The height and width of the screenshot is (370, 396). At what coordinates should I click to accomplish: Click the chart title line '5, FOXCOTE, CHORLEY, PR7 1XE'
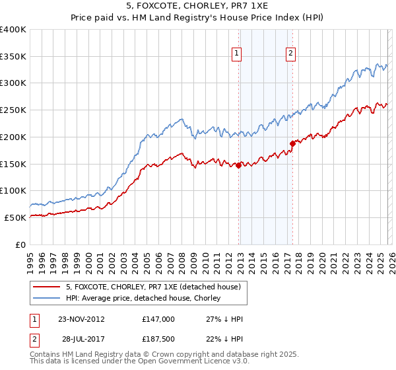click(x=197, y=7)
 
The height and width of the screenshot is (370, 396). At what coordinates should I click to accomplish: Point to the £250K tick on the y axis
click(x=14, y=110)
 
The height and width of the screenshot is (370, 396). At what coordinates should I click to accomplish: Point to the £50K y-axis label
click(x=15, y=217)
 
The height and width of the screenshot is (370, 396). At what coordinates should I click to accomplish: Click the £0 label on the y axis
click(x=20, y=244)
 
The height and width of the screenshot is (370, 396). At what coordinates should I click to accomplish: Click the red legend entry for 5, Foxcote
click(x=156, y=287)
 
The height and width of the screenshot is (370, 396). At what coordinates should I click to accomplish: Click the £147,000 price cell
click(x=158, y=318)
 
